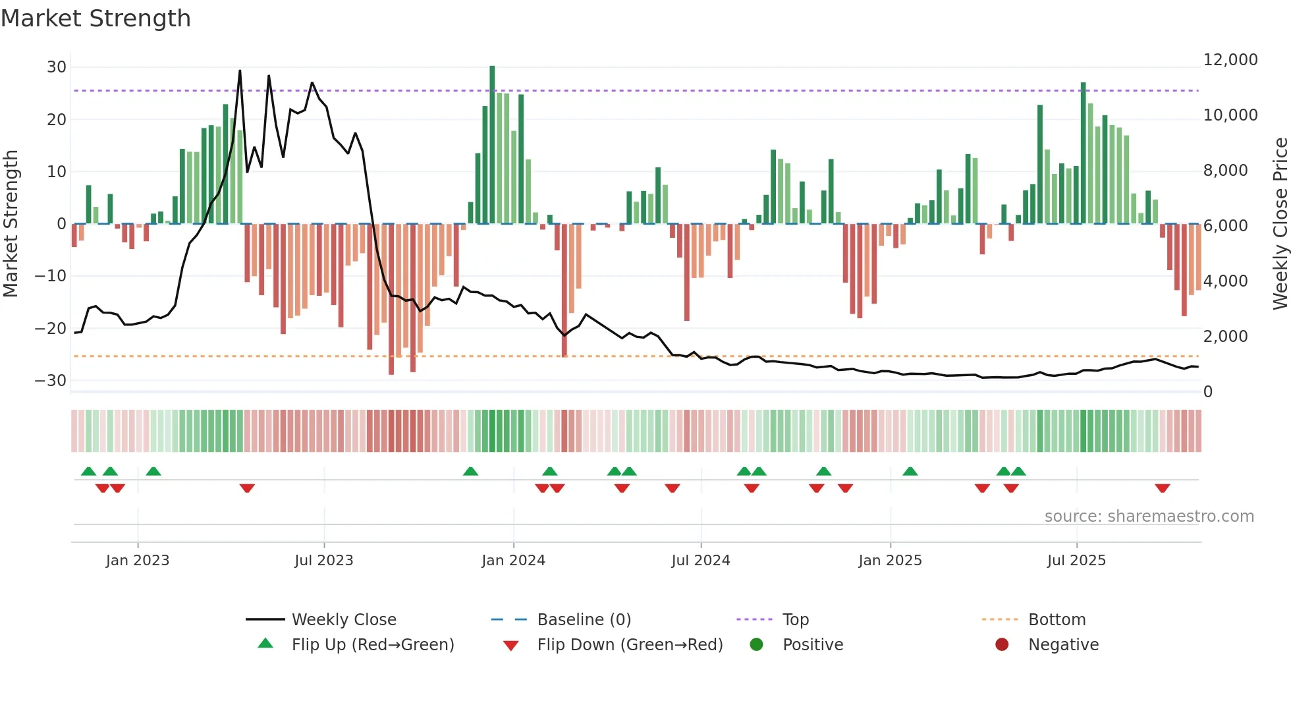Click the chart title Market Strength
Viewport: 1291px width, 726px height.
[96, 18]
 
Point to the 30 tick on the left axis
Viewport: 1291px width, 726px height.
[57, 67]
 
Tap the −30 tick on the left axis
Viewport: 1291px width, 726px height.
[51, 381]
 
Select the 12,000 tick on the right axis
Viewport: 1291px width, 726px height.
[1230, 60]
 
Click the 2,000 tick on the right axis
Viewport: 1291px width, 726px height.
[1225, 337]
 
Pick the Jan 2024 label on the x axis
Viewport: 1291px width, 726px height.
[513, 561]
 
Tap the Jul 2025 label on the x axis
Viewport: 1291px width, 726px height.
[1076, 561]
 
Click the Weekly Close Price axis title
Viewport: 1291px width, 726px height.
[1280, 224]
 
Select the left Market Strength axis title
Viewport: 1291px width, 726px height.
[11, 224]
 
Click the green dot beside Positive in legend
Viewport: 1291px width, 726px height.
[756, 645]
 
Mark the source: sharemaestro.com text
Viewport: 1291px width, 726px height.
[1149, 517]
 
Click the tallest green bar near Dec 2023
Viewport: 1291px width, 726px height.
[492, 145]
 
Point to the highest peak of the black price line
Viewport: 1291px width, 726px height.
[240, 70]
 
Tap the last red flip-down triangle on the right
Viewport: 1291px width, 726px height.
[1162, 488]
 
